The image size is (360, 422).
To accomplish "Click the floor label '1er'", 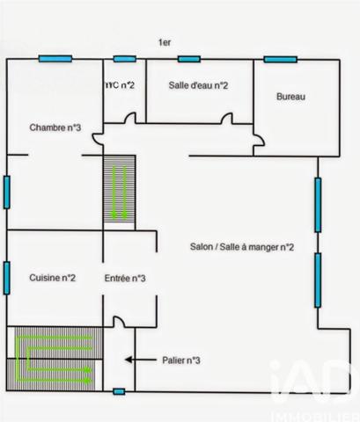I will click(164, 42).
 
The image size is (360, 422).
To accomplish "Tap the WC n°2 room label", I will click(120, 84).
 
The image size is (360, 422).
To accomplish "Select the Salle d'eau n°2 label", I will click(198, 85).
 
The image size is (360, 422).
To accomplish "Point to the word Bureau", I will click(290, 97).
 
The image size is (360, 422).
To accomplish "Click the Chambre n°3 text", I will click(55, 127).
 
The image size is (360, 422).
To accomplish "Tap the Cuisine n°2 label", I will click(51, 279).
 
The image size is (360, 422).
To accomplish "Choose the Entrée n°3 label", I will click(124, 279).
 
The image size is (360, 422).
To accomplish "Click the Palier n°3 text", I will click(182, 360).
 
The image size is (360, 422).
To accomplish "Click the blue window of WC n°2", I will click(124, 59).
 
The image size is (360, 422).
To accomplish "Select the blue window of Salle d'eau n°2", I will click(188, 59).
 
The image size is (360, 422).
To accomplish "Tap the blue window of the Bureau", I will click(278, 59).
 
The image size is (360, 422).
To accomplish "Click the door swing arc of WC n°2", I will click(129, 119).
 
